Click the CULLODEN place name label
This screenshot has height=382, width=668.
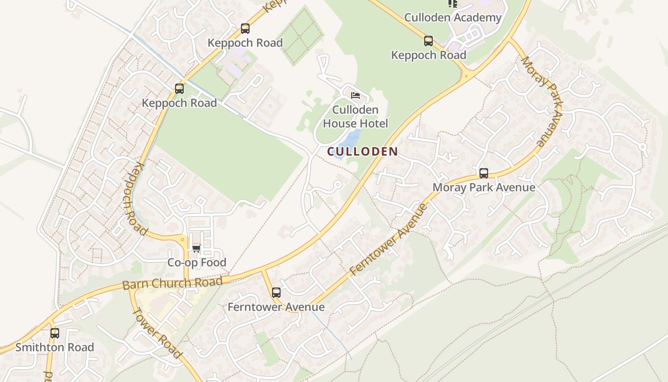363,152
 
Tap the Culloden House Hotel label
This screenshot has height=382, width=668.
355,117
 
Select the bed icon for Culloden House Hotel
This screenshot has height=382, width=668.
355,95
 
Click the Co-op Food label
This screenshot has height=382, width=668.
197,263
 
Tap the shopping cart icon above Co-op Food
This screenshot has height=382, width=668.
196,248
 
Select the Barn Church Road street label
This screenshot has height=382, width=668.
172,283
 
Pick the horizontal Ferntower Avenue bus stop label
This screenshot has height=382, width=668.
276,307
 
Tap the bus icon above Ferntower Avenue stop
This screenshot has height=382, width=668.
276,292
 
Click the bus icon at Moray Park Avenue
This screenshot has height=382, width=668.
484,173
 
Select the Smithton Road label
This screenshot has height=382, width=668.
54,347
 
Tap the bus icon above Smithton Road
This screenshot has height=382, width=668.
54,333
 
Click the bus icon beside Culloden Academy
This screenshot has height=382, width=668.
428,41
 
